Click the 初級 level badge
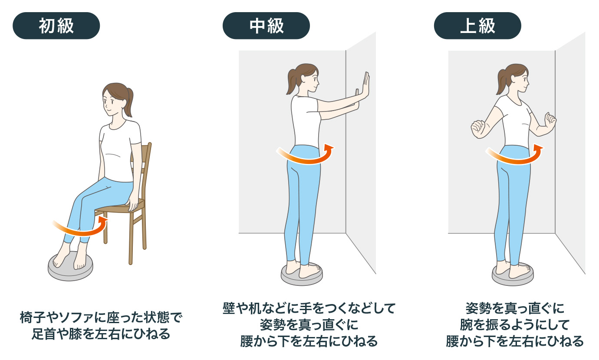point(56,26)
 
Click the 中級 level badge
point(266,26)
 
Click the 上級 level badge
point(477,26)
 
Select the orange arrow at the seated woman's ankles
point(80,229)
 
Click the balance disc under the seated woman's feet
point(70,267)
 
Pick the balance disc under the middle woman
point(302,275)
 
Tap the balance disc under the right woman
point(513,275)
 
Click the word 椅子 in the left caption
point(33,317)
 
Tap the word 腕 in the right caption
point(466,325)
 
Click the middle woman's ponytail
point(292,82)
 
